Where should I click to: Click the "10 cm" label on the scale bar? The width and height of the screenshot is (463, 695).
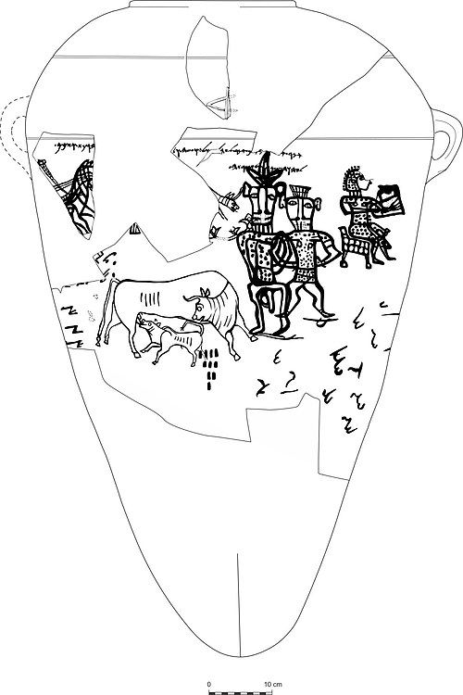pos(273,684)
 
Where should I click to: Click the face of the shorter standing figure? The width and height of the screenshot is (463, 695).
pos(300,212)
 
